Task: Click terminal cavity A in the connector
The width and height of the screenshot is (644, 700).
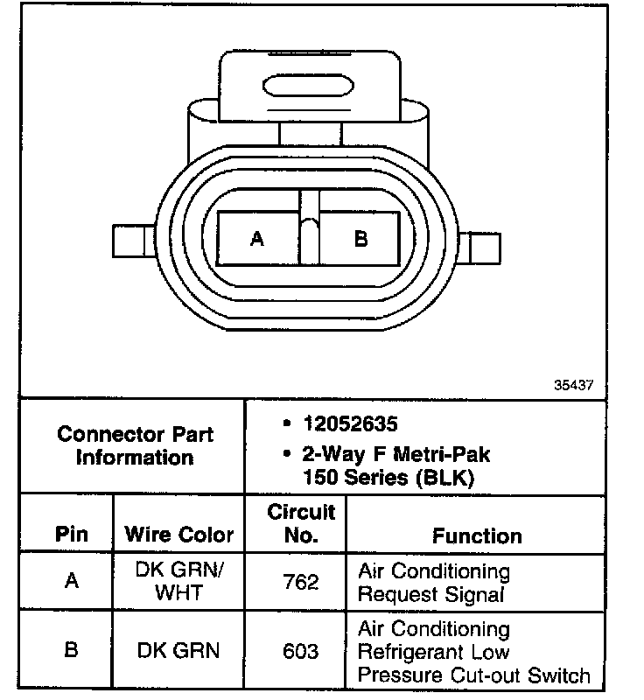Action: click(257, 238)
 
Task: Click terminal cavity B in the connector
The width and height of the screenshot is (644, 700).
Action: click(360, 238)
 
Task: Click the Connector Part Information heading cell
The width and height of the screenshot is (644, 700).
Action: click(135, 445)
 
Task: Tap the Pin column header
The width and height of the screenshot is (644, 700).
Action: click(72, 535)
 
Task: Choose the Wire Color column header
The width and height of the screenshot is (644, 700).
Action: click(179, 535)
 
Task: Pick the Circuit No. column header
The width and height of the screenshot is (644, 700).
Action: click(301, 523)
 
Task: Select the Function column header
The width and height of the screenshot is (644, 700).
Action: click(477, 535)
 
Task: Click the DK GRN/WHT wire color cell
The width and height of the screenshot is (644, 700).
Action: click(179, 582)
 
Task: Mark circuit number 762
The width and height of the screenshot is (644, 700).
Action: click(301, 582)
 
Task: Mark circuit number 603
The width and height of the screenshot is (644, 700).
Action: click(301, 651)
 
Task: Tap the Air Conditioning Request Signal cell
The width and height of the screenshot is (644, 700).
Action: click(434, 583)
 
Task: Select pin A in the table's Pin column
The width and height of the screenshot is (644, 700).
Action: click(72, 582)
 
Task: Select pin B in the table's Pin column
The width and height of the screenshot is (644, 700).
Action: click(72, 651)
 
